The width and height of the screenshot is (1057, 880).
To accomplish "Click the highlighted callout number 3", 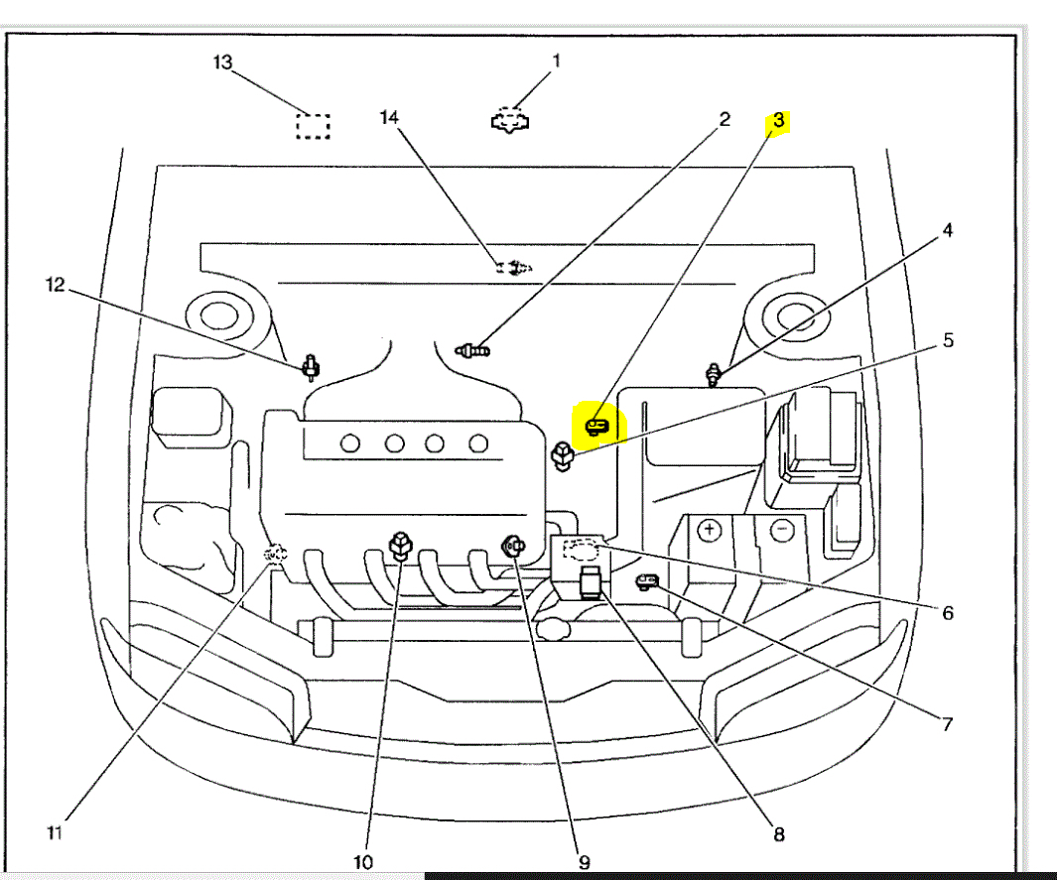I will [779, 121].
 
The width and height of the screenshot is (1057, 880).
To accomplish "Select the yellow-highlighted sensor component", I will [596, 426].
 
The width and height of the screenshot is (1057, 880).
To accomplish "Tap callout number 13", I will [222, 63].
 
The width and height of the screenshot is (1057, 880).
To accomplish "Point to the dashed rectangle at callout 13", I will [314, 126].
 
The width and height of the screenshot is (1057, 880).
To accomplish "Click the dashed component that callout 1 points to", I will [510, 120].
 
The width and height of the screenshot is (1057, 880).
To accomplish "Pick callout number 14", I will [389, 118].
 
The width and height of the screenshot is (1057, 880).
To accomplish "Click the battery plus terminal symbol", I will [709, 530].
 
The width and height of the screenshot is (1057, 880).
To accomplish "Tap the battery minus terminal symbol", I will [782, 530].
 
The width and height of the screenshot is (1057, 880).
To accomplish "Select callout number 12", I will [55, 286].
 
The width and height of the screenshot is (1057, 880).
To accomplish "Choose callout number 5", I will [948, 340].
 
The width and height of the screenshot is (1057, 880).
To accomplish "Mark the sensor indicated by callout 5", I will [562, 457].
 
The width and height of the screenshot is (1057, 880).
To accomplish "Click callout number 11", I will [55, 832].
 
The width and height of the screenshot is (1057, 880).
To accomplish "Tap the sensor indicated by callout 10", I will [400, 545].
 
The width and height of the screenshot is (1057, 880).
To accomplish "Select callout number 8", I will [779, 834].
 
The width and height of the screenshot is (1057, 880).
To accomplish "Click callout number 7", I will [947, 724].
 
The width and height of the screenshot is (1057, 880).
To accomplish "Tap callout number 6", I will [948, 613].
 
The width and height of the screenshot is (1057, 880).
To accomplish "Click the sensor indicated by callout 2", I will [473, 349].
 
